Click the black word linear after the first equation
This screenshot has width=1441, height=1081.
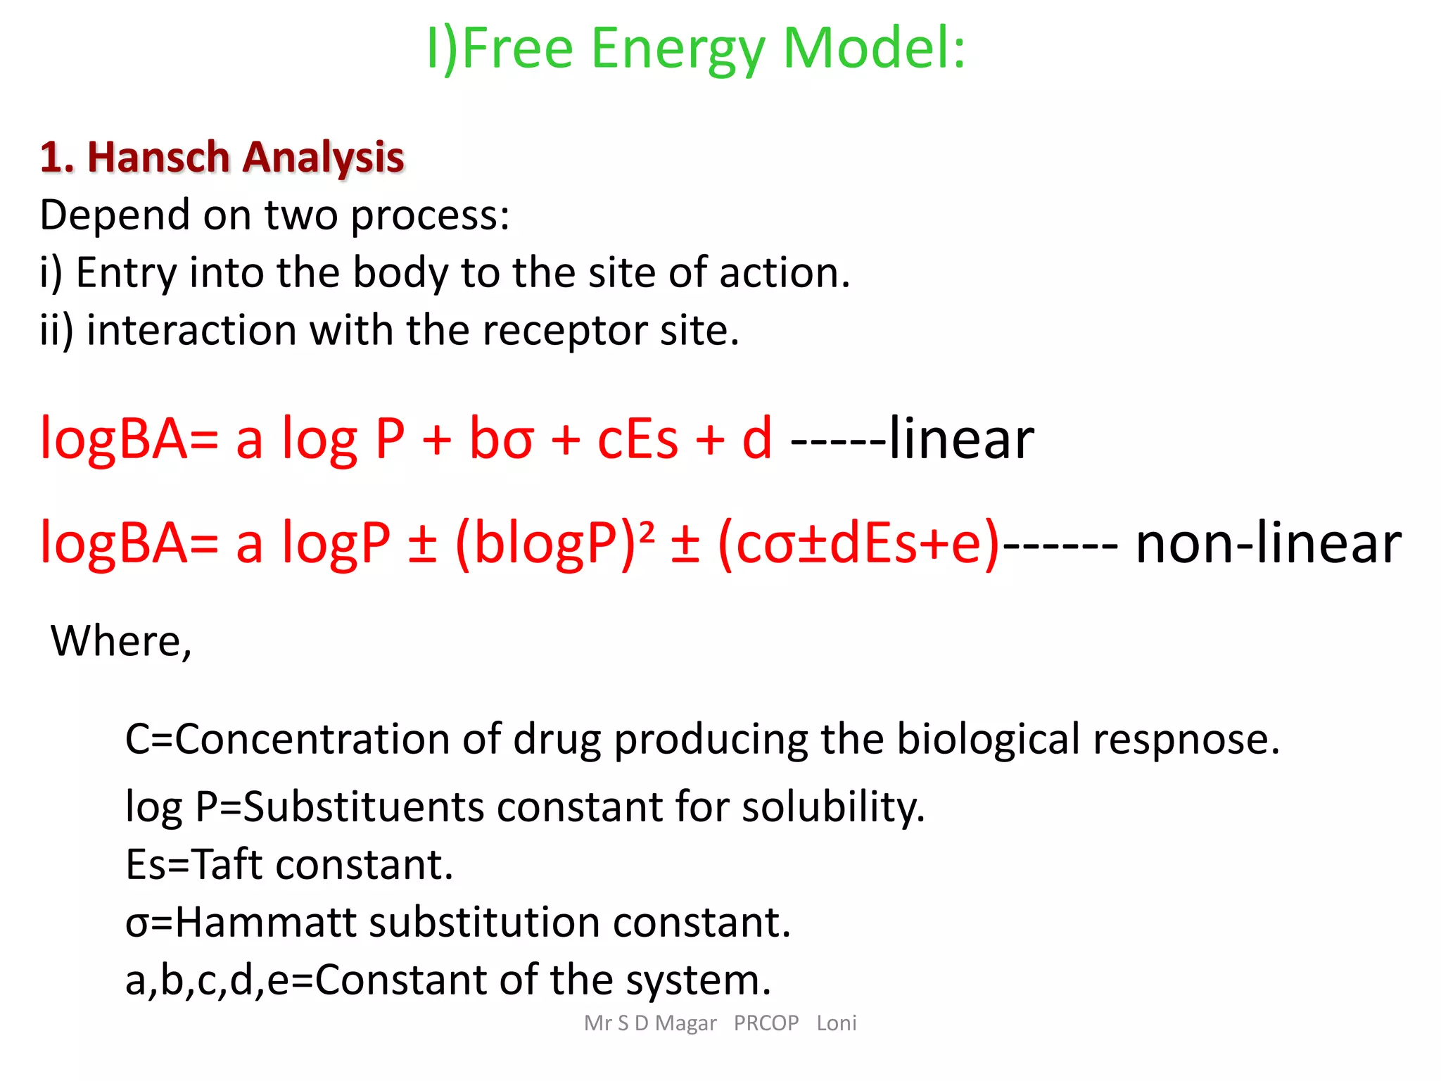[x=961, y=438]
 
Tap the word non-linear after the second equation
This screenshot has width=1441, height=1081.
[x=1268, y=543]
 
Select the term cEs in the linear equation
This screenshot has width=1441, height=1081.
[x=637, y=439]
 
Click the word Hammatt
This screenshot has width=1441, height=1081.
[x=266, y=922]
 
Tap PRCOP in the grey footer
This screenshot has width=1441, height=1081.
[x=766, y=1023]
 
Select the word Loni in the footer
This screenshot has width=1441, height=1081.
[x=837, y=1023]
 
